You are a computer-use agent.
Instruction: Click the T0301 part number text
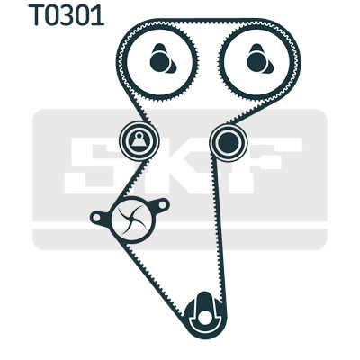tap(66, 15)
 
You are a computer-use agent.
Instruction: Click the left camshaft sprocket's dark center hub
tap(159, 62)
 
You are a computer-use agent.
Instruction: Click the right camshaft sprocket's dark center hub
tap(256, 62)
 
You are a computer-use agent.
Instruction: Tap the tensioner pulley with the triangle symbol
tap(139, 140)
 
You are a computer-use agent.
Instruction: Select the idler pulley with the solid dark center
tap(229, 142)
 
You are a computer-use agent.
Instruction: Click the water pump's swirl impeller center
tap(132, 220)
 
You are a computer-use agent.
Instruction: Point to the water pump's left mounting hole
tap(96, 218)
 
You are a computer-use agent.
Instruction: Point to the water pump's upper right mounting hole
tap(162, 205)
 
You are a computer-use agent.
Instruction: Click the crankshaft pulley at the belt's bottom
tap(205, 315)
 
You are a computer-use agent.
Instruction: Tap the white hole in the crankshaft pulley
tap(205, 319)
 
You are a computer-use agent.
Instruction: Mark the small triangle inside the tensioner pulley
tap(139, 141)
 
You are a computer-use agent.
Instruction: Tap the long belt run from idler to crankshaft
tap(219, 228)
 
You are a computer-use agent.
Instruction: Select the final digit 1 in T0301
tap(99, 15)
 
